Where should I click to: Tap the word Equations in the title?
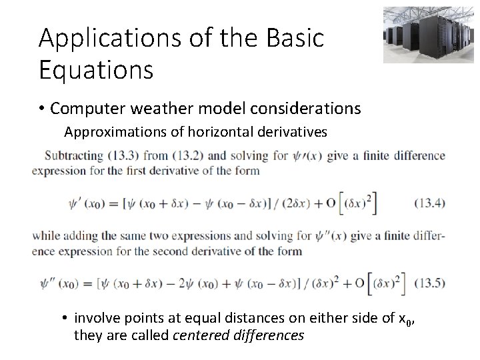96,69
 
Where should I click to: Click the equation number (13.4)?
427,203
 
